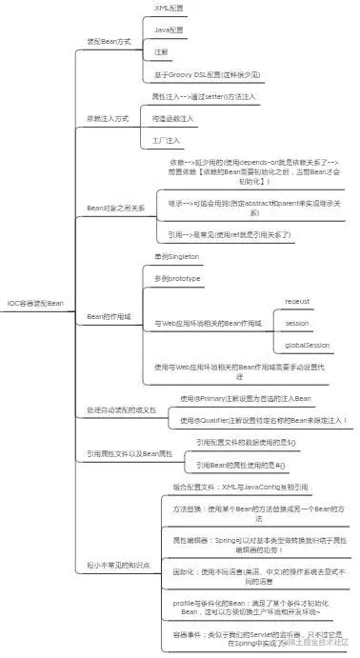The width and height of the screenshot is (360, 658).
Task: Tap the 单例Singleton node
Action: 179,257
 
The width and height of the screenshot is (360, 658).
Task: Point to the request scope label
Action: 298,301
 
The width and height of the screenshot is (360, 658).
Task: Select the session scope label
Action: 297,322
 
